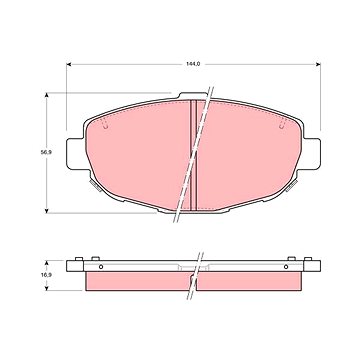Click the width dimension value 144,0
coord(193,64)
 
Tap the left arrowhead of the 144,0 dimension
coord(69,64)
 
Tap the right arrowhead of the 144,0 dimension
coord(318,64)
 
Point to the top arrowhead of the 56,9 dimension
coord(47,96)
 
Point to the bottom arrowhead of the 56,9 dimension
coord(47,210)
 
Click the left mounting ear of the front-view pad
coord(75,153)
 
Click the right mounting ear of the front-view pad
coord(312,153)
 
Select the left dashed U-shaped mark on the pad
coord(105,125)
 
